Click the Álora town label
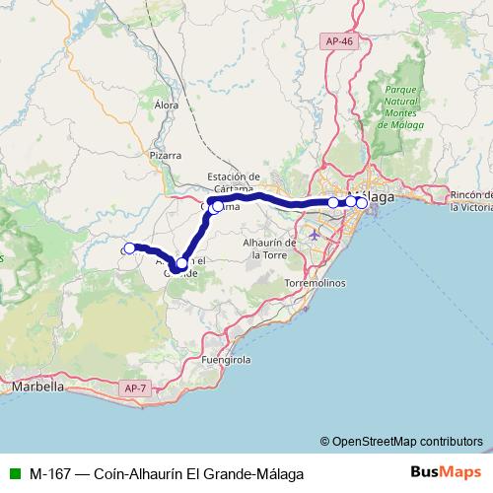pos(166,103)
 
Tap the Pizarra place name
pos(166,155)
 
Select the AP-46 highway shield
pos(336,39)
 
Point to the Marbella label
pos(37,387)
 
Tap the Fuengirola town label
pos(228,361)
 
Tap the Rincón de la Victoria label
pos(468,202)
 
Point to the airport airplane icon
pos(314,235)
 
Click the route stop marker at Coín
pos(129,248)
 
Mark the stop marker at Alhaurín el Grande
pos(181,263)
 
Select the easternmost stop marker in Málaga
pos(362,203)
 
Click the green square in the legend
pos(14,471)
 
